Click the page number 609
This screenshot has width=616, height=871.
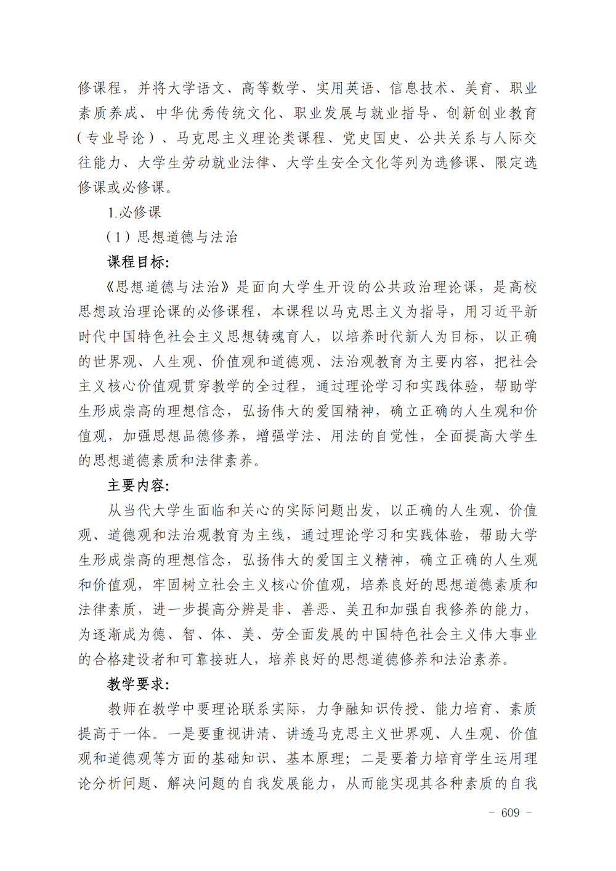pyautogui.click(x=510, y=812)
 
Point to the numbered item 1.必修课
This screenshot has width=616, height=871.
pyautogui.click(x=134, y=213)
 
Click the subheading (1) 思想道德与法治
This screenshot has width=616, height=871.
pyautogui.click(x=172, y=237)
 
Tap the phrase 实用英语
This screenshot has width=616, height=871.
pyautogui.click(x=345, y=88)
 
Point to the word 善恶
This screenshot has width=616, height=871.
pyautogui.click(x=316, y=610)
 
